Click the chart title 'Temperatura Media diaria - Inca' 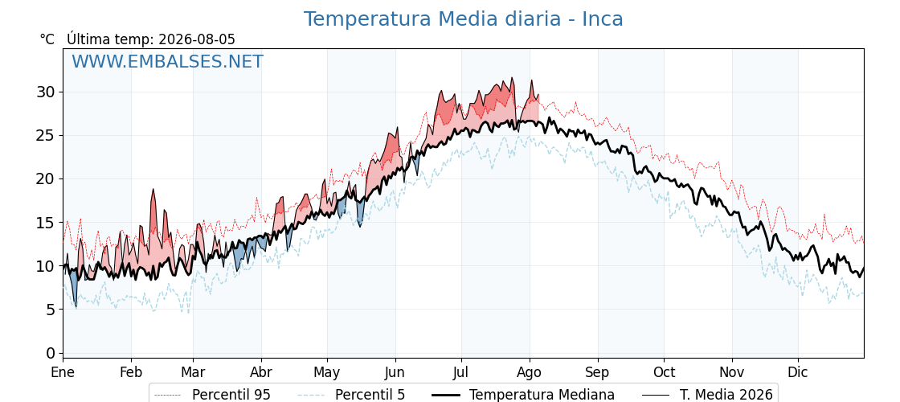(463, 19)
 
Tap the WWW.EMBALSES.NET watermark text (168, 61)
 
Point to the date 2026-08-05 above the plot (197, 39)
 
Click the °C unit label (47, 39)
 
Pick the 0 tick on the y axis (51, 353)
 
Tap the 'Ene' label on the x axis (63, 372)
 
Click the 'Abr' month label (261, 372)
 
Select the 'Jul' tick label (461, 372)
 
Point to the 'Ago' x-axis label (530, 373)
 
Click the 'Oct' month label (664, 372)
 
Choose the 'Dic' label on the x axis (798, 372)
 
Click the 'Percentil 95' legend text (231, 395)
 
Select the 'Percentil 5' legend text (370, 395)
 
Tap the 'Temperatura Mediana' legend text (542, 395)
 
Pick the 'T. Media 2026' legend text (726, 395)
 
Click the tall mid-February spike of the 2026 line (153, 190)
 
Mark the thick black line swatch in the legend (445, 395)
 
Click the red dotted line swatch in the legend (168, 395)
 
